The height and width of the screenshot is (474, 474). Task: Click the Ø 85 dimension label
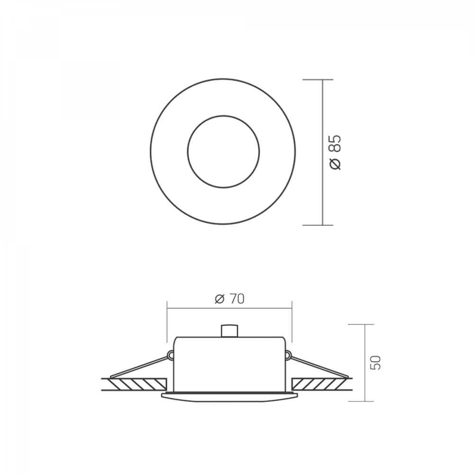[336, 152]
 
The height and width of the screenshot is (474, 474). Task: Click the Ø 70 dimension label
[230, 299]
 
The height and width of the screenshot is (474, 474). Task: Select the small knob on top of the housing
[229, 331]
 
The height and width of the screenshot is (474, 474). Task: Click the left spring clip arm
[139, 367]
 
